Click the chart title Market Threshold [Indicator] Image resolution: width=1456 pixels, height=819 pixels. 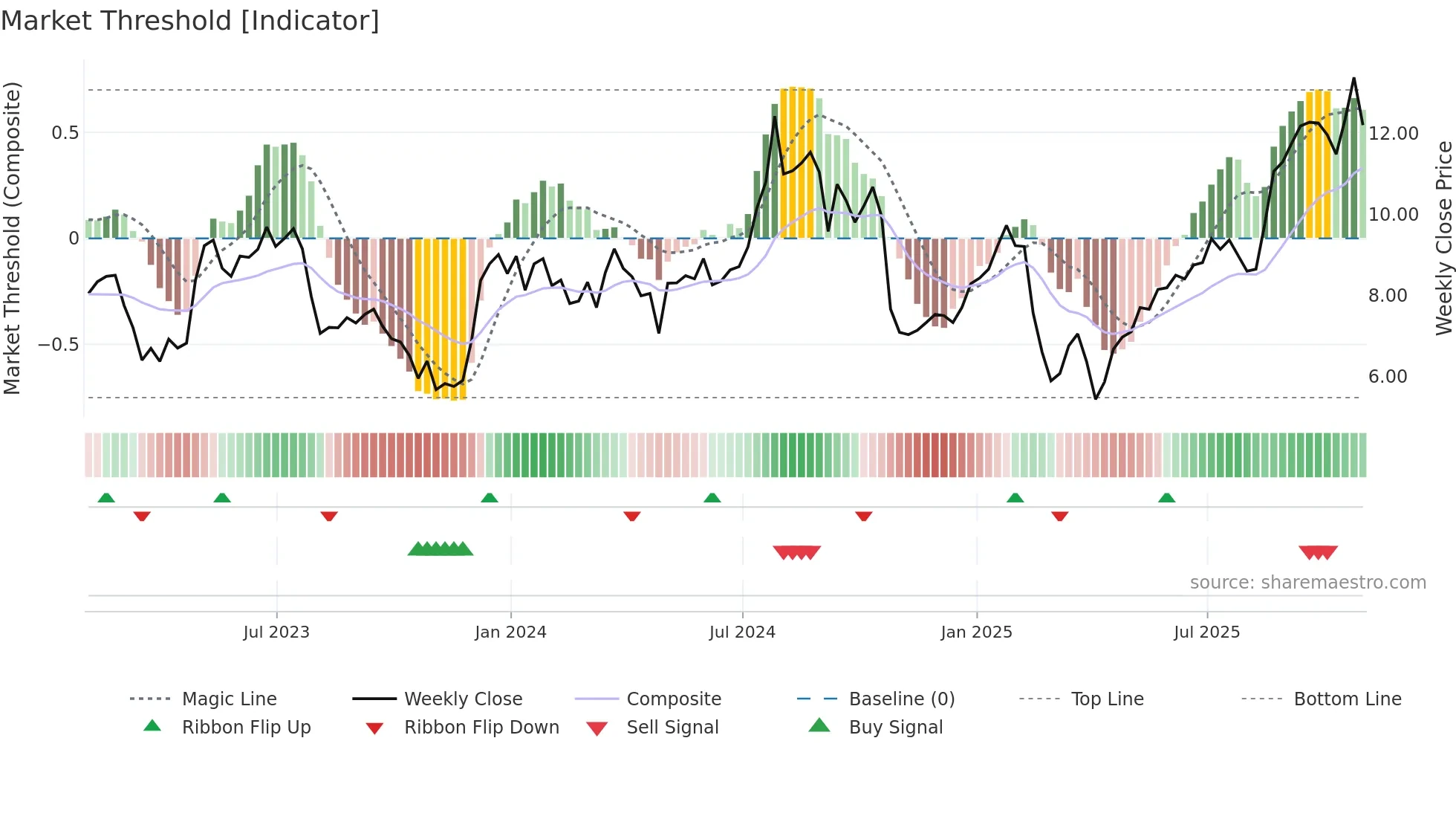190,21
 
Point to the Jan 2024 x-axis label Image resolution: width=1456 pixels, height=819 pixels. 510,632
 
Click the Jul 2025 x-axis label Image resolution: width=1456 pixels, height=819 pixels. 1206,632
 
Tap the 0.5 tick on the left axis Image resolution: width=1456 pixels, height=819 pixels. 65,133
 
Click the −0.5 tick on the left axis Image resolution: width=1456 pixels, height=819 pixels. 58,345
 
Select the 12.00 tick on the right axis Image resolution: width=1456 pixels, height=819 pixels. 1393,134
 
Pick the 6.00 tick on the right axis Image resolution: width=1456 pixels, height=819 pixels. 1388,377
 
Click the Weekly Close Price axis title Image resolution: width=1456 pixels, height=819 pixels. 1443,238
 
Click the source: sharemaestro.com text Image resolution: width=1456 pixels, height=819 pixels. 1307,583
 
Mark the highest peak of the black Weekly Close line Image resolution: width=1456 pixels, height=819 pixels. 1353,78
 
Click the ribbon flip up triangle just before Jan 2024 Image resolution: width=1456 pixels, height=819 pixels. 489,498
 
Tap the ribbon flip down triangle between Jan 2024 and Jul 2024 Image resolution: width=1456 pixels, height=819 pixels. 632,516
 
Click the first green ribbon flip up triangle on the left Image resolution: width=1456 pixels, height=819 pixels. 106,498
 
